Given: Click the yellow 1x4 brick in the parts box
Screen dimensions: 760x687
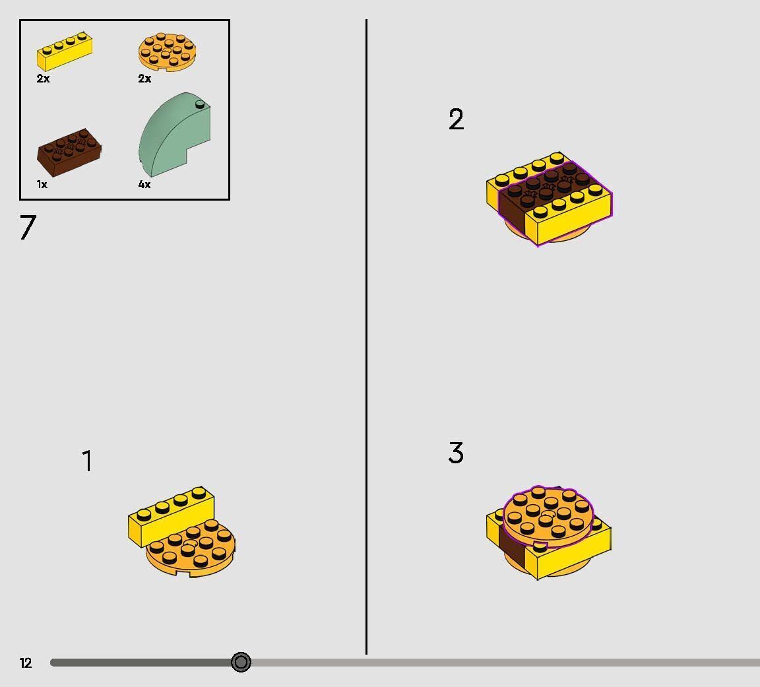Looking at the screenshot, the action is pyautogui.click(x=65, y=52).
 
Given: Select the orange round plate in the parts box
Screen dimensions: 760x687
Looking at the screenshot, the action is pyautogui.click(x=167, y=52).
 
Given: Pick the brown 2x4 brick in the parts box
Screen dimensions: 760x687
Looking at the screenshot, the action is pyautogui.click(x=69, y=152).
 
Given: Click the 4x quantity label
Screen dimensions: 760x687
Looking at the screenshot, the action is pyautogui.click(x=144, y=184).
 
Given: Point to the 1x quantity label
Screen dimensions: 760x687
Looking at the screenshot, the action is pyautogui.click(x=42, y=184).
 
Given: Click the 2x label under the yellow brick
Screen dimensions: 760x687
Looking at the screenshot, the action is pyautogui.click(x=43, y=79).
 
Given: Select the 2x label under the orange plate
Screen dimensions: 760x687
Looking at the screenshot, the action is pyautogui.click(x=144, y=79).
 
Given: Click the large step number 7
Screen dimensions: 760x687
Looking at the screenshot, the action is pyautogui.click(x=28, y=227).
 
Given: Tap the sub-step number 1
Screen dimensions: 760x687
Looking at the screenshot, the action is pyautogui.click(x=87, y=461).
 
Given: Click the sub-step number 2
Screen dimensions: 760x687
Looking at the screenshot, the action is pyautogui.click(x=456, y=119).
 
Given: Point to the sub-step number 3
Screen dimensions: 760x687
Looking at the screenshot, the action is pyautogui.click(x=456, y=453).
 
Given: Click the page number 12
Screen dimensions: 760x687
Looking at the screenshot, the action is pyautogui.click(x=26, y=663).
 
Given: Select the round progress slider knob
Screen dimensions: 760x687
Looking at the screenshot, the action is pyautogui.click(x=241, y=662).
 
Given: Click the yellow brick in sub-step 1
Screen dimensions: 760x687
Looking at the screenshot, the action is pyautogui.click(x=171, y=515).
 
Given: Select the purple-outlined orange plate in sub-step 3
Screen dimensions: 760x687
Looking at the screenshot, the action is pyautogui.click(x=548, y=517).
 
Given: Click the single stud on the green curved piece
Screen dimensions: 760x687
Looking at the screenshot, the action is pyautogui.click(x=200, y=104).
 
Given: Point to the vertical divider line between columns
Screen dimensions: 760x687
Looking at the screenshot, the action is pyautogui.click(x=366, y=337).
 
